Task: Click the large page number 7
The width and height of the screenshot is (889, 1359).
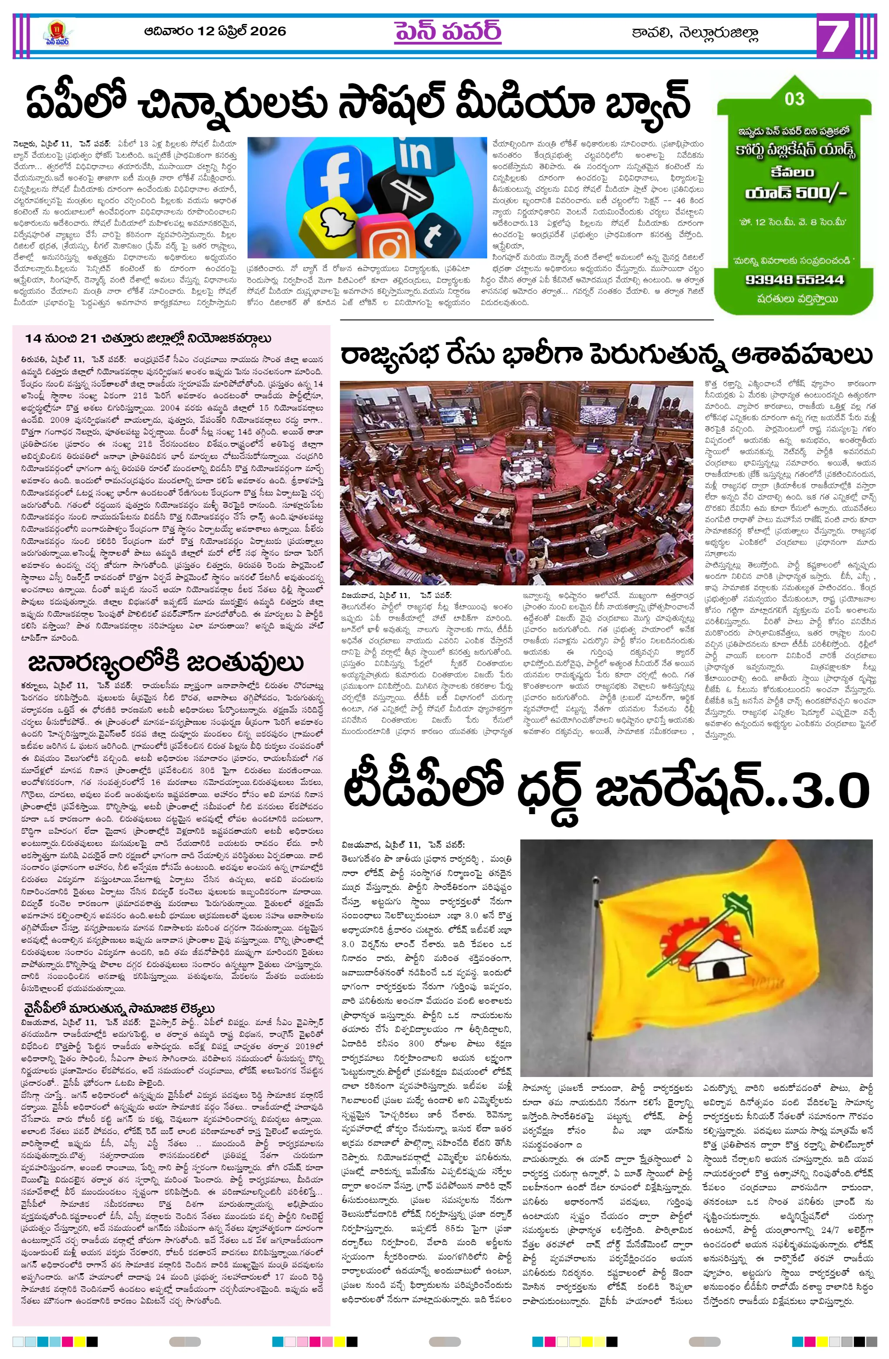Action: coord(838,35)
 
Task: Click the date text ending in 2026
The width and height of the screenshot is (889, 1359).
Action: coord(215,31)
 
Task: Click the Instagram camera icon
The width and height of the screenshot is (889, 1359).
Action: coord(390,243)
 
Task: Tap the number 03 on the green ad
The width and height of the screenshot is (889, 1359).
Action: coord(794,99)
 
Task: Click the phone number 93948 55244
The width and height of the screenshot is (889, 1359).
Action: coord(794,280)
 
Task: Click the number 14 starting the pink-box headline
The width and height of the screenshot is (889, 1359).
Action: coord(33,338)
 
